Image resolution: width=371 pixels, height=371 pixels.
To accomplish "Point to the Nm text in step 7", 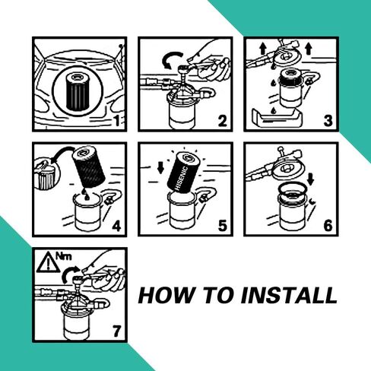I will click(62, 255).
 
